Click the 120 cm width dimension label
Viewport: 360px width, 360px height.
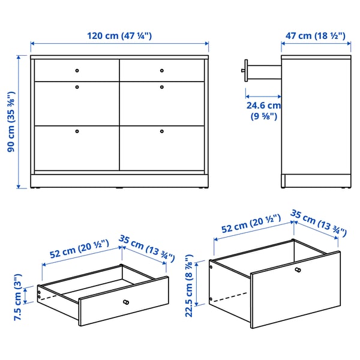coord(119,36)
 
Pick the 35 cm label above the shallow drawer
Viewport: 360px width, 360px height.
coord(146,248)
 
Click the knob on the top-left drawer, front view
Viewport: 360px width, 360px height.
coord(77,71)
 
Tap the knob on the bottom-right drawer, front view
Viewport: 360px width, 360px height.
coord(161,130)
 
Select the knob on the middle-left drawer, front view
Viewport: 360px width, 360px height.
coord(77,87)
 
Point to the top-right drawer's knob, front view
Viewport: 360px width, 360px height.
coord(161,71)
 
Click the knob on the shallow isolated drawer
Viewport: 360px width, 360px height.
coord(125,302)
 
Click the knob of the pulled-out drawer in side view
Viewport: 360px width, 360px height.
coord(244,70)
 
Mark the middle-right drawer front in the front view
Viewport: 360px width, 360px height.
coord(162,103)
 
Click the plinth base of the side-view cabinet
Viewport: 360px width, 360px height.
coord(316,181)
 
